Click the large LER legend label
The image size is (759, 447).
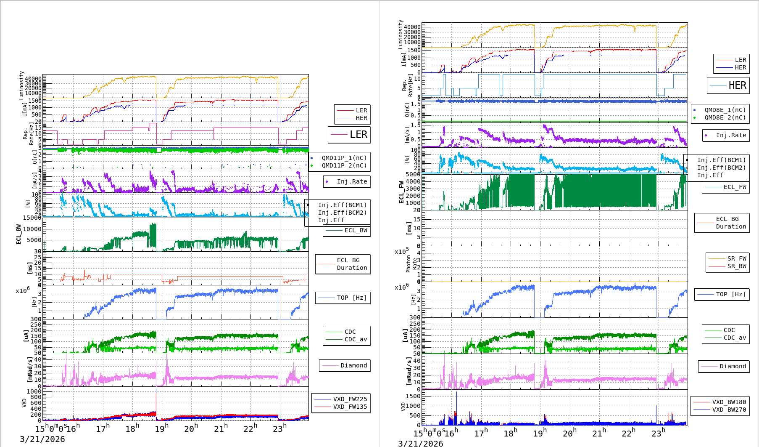coord(358,135)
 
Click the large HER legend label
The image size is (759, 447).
coord(737,85)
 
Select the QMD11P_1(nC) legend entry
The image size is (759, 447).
coord(344,158)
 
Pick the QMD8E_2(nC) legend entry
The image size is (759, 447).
coord(725,117)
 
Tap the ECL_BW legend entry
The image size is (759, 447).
coord(356,230)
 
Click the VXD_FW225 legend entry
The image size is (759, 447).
coord(350,399)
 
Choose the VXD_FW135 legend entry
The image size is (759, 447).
coord(350,407)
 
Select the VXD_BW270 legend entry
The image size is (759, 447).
coord(729,410)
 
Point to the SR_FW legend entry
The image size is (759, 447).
coord(737,258)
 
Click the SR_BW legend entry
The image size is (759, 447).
coord(737,266)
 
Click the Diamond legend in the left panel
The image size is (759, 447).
coord(353,365)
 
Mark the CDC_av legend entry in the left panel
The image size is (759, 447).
coord(356,339)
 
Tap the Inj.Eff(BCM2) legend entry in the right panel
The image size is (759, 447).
coord(721,168)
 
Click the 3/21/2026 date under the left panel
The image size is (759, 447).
coord(42,439)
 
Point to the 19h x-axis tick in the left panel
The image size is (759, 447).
coord(162,429)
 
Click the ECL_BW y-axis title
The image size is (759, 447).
coord(18,234)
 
